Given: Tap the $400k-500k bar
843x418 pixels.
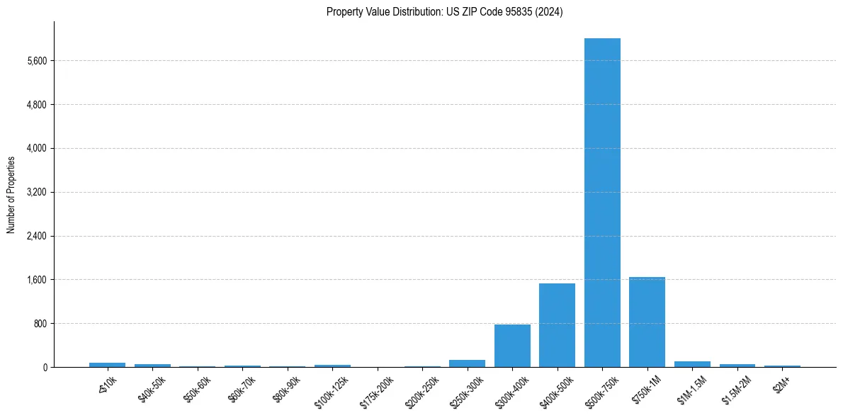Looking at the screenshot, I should [x=557, y=325].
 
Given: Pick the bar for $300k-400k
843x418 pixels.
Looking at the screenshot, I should [x=512, y=346].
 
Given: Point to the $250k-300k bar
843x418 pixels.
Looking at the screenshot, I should [x=467, y=363].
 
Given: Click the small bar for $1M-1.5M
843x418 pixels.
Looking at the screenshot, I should [x=692, y=364].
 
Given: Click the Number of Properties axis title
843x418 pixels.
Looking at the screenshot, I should [x=11, y=195].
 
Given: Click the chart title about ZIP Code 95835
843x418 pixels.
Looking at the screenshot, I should [x=444, y=12].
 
